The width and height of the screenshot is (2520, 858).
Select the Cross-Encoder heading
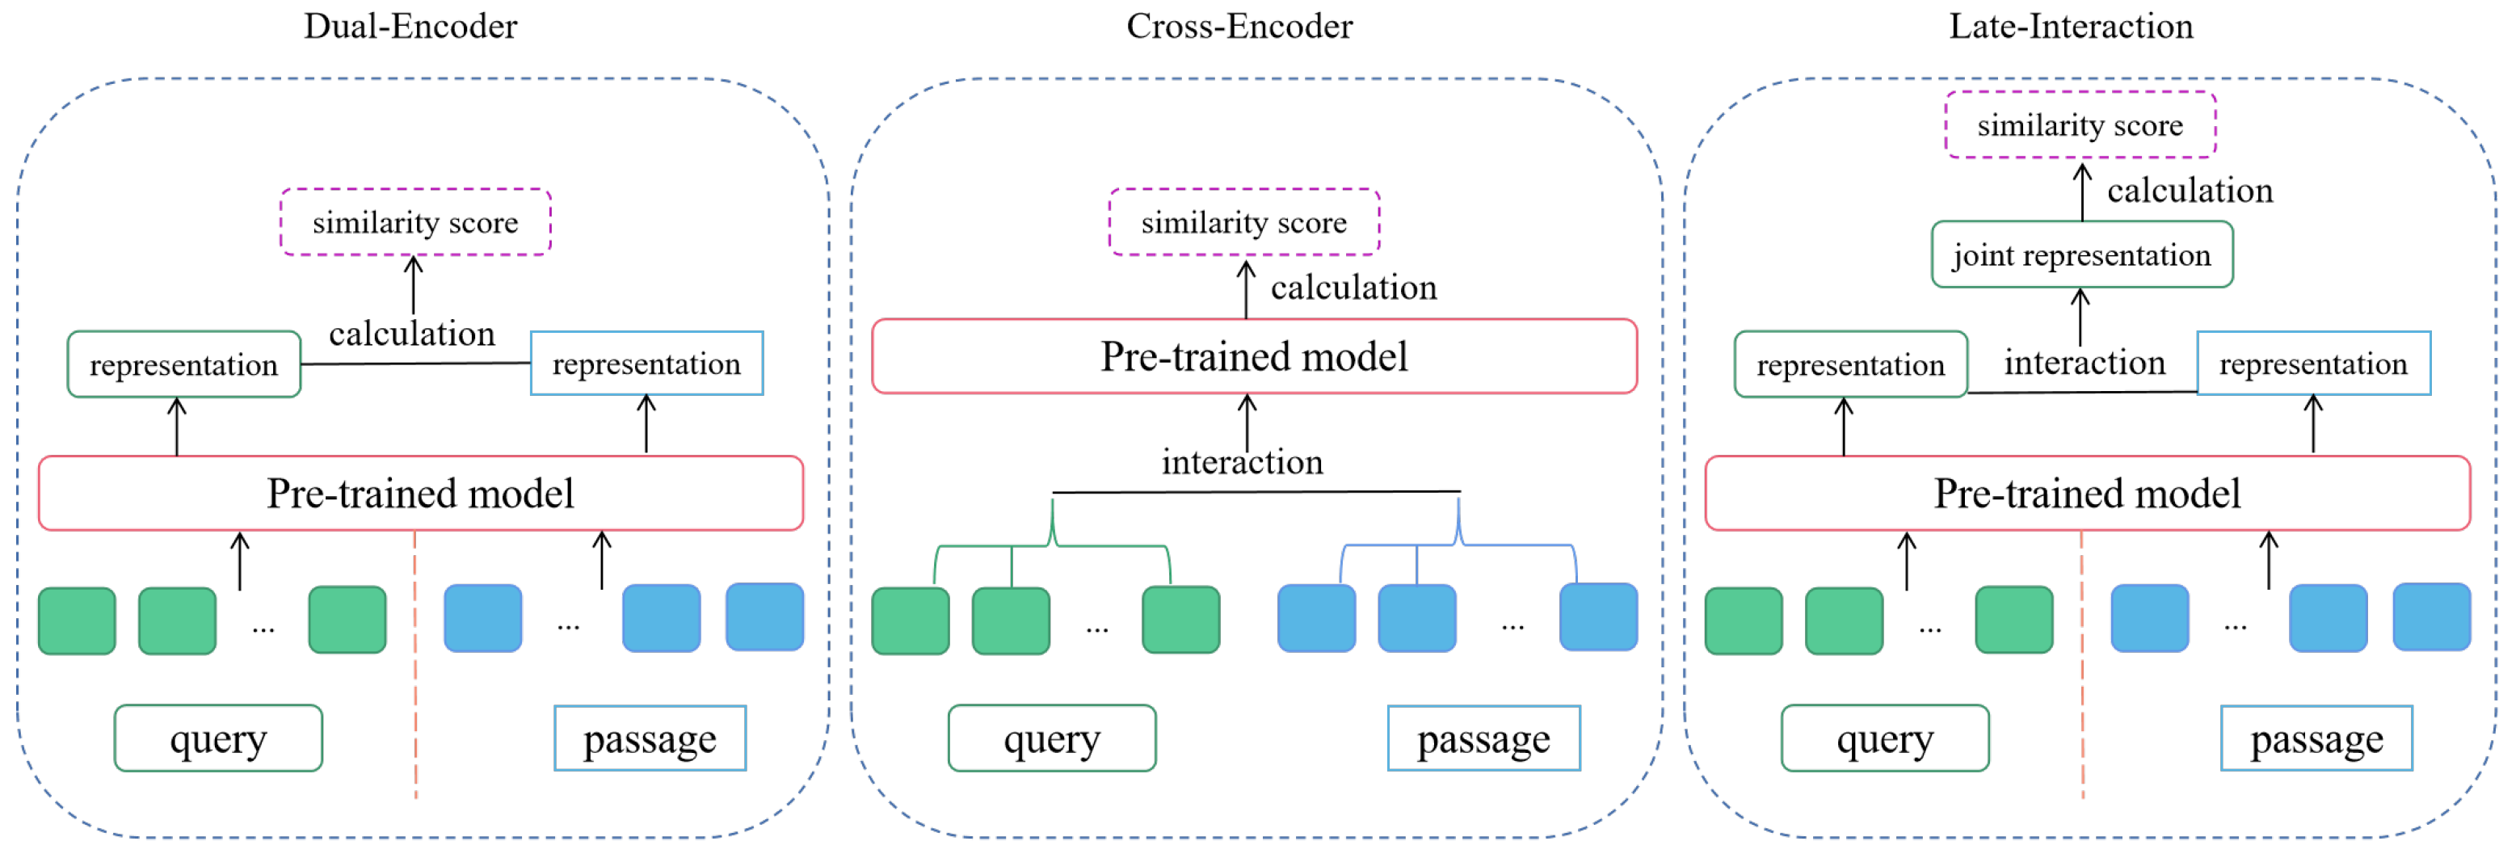click(x=1239, y=27)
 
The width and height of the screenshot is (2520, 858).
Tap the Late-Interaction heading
click(x=2070, y=27)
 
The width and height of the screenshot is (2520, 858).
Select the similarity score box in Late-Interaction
click(x=2080, y=125)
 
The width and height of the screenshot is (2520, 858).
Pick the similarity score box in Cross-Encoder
click(x=1243, y=223)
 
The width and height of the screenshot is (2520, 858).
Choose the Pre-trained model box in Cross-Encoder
click(x=1253, y=357)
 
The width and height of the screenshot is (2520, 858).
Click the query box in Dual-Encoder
click(x=218, y=738)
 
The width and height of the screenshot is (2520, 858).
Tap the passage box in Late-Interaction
click(x=2316, y=738)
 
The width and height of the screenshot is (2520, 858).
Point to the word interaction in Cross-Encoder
click(x=1241, y=462)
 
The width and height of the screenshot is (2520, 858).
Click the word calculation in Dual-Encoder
click(x=411, y=334)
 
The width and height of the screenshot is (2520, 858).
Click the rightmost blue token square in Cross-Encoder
click(x=1597, y=617)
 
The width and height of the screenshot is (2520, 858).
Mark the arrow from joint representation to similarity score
click(x=2082, y=193)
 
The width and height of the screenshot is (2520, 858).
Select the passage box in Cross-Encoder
click(x=1483, y=738)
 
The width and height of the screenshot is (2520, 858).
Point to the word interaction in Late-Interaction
click(x=2084, y=363)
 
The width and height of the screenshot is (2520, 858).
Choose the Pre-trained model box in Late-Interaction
click(x=2087, y=493)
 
